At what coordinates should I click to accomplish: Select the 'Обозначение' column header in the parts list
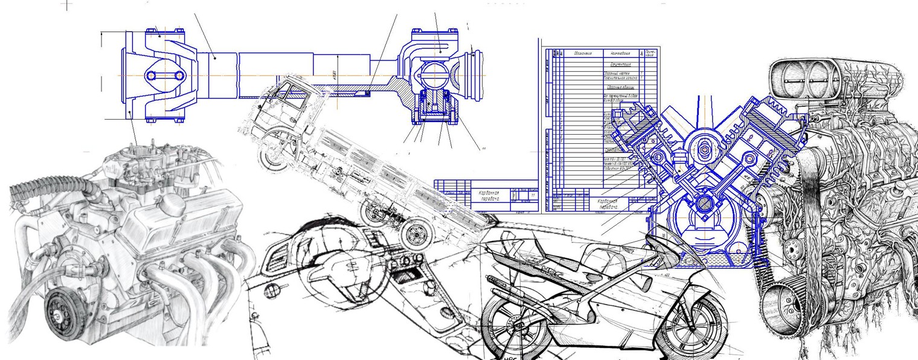click(582, 53)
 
